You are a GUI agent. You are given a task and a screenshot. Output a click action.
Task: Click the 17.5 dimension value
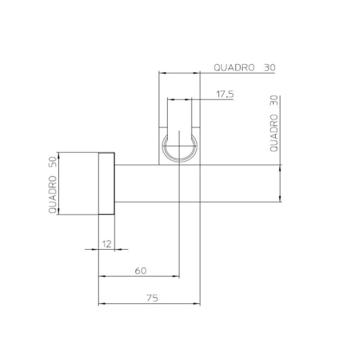(x=224, y=94)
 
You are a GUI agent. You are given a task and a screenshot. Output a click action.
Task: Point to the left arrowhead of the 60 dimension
(x=100, y=277)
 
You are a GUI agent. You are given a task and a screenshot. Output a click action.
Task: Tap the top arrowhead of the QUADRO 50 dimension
(x=58, y=155)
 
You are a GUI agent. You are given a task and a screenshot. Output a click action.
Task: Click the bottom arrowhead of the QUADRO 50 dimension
(x=58, y=213)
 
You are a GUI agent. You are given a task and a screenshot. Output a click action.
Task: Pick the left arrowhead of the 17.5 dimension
(x=169, y=99)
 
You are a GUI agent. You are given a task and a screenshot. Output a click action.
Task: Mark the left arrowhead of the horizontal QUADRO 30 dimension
(x=161, y=73)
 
